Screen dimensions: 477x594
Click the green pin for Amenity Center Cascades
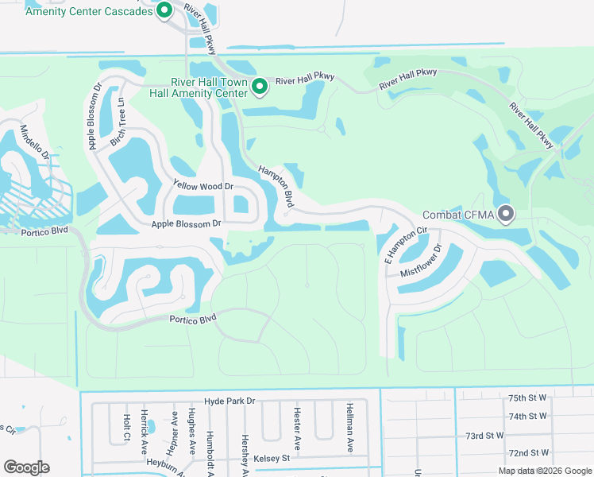click(x=164, y=10)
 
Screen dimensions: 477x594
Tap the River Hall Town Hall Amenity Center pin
click(x=259, y=86)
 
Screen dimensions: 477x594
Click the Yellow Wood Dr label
click(x=203, y=186)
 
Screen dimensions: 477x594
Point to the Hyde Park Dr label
click(x=229, y=402)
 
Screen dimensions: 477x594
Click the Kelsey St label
click(x=272, y=459)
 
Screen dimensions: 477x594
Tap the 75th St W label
click(x=528, y=397)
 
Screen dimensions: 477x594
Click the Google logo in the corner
click(x=26, y=467)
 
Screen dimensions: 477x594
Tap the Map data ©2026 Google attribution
click(x=544, y=471)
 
